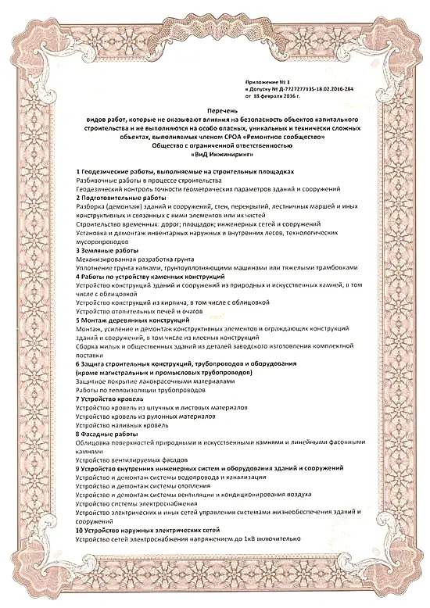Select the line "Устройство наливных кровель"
tap(124, 425)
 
